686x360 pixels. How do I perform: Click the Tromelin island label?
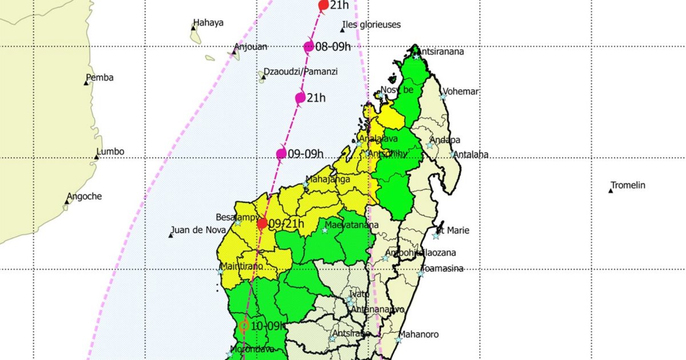(x=628, y=185)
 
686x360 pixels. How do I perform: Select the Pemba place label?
(x=99, y=78)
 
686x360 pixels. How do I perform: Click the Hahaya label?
(x=208, y=23)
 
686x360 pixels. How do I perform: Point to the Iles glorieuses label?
(x=371, y=25)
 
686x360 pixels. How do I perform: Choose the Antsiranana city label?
(x=442, y=52)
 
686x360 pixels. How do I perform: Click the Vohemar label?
(x=461, y=92)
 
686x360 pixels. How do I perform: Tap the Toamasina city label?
(x=442, y=269)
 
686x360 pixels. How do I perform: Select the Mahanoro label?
(x=422, y=334)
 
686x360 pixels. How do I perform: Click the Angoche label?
(x=84, y=197)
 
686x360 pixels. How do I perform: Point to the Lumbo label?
(x=110, y=152)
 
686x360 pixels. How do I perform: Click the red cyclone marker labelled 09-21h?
(x=262, y=223)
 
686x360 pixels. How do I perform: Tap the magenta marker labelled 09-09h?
(x=281, y=153)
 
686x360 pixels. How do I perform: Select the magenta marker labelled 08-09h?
(x=309, y=47)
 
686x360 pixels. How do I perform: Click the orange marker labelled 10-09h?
(x=244, y=326)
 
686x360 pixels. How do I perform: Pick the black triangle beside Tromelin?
(x=611, y=190)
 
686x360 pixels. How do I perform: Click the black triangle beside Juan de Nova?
(x=171, y=235)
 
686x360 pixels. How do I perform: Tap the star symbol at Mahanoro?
(x=398, y=339)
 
